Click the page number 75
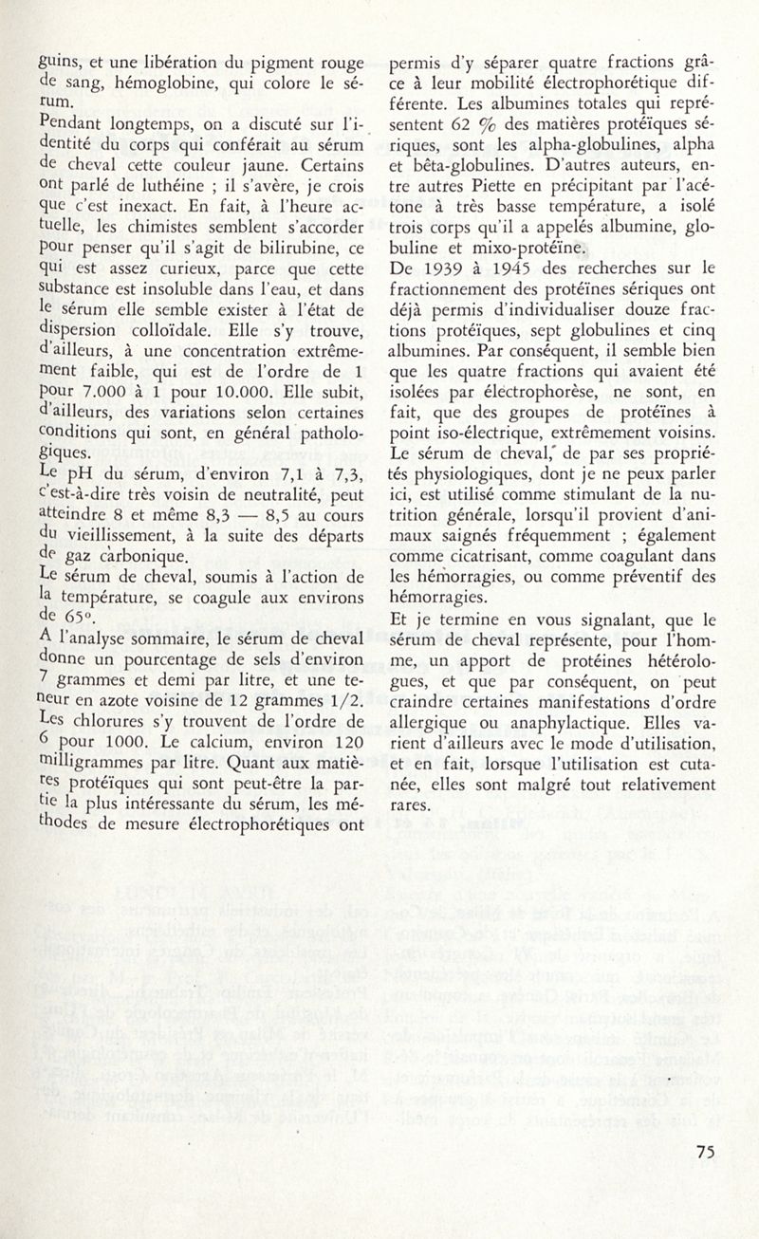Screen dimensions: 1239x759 coord(704,1152)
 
